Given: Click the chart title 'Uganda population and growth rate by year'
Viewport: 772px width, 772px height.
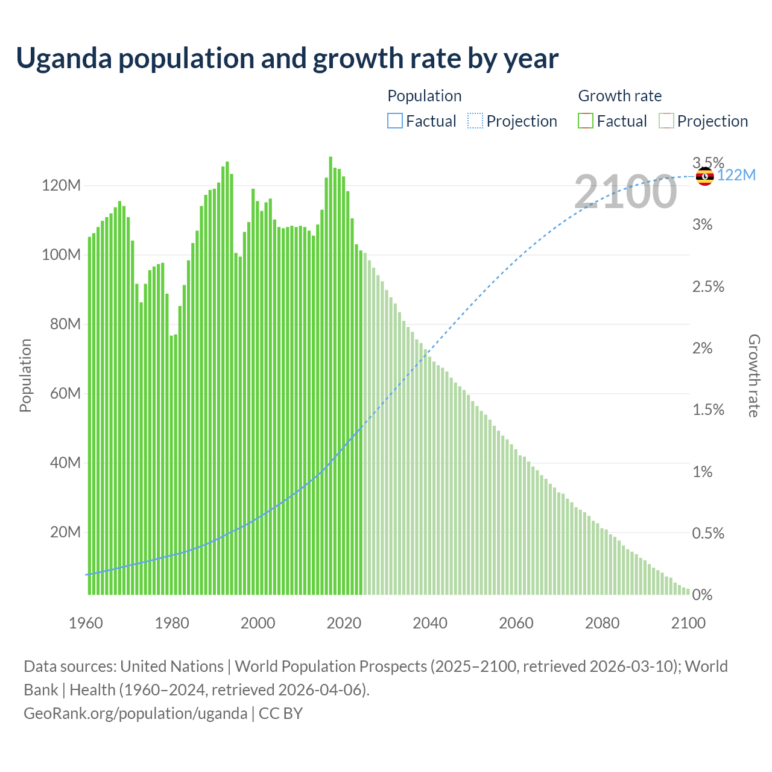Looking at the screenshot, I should pos(287,59).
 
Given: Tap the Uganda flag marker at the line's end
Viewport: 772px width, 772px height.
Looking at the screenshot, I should pos(704,176).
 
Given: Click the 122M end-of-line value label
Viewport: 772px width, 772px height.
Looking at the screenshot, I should pos(736,176).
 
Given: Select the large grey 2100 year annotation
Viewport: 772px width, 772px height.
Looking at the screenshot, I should pos(625,192).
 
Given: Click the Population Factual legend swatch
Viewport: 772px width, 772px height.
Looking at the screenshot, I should pos(394,121).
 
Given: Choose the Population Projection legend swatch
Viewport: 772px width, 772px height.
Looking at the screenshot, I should pos(475,121).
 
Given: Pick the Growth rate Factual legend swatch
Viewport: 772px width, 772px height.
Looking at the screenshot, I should pos(585,121).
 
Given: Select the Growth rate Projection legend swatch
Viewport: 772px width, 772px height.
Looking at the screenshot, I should pos(666,121).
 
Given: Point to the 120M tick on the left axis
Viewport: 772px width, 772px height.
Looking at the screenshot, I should pos(61,185).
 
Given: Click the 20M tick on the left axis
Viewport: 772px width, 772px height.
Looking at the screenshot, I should pos(65,532).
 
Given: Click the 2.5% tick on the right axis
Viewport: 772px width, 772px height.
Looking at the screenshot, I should pos(708,286).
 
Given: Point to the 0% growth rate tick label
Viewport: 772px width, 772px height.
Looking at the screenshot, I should pos(702,595).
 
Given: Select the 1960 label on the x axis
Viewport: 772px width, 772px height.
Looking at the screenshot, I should pos(86,623).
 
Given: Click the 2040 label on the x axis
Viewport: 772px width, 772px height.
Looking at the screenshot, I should pos(430,623).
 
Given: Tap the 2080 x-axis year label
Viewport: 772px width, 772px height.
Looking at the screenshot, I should pos(602,623).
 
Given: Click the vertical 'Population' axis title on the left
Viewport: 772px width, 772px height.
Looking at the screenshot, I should pos(25,375).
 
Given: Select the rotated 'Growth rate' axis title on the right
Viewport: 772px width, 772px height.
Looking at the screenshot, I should pos(754,375).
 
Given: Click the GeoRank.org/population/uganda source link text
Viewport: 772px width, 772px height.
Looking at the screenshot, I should pos(135,713).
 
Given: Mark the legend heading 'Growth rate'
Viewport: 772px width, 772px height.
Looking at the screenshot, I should pos(619,96).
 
